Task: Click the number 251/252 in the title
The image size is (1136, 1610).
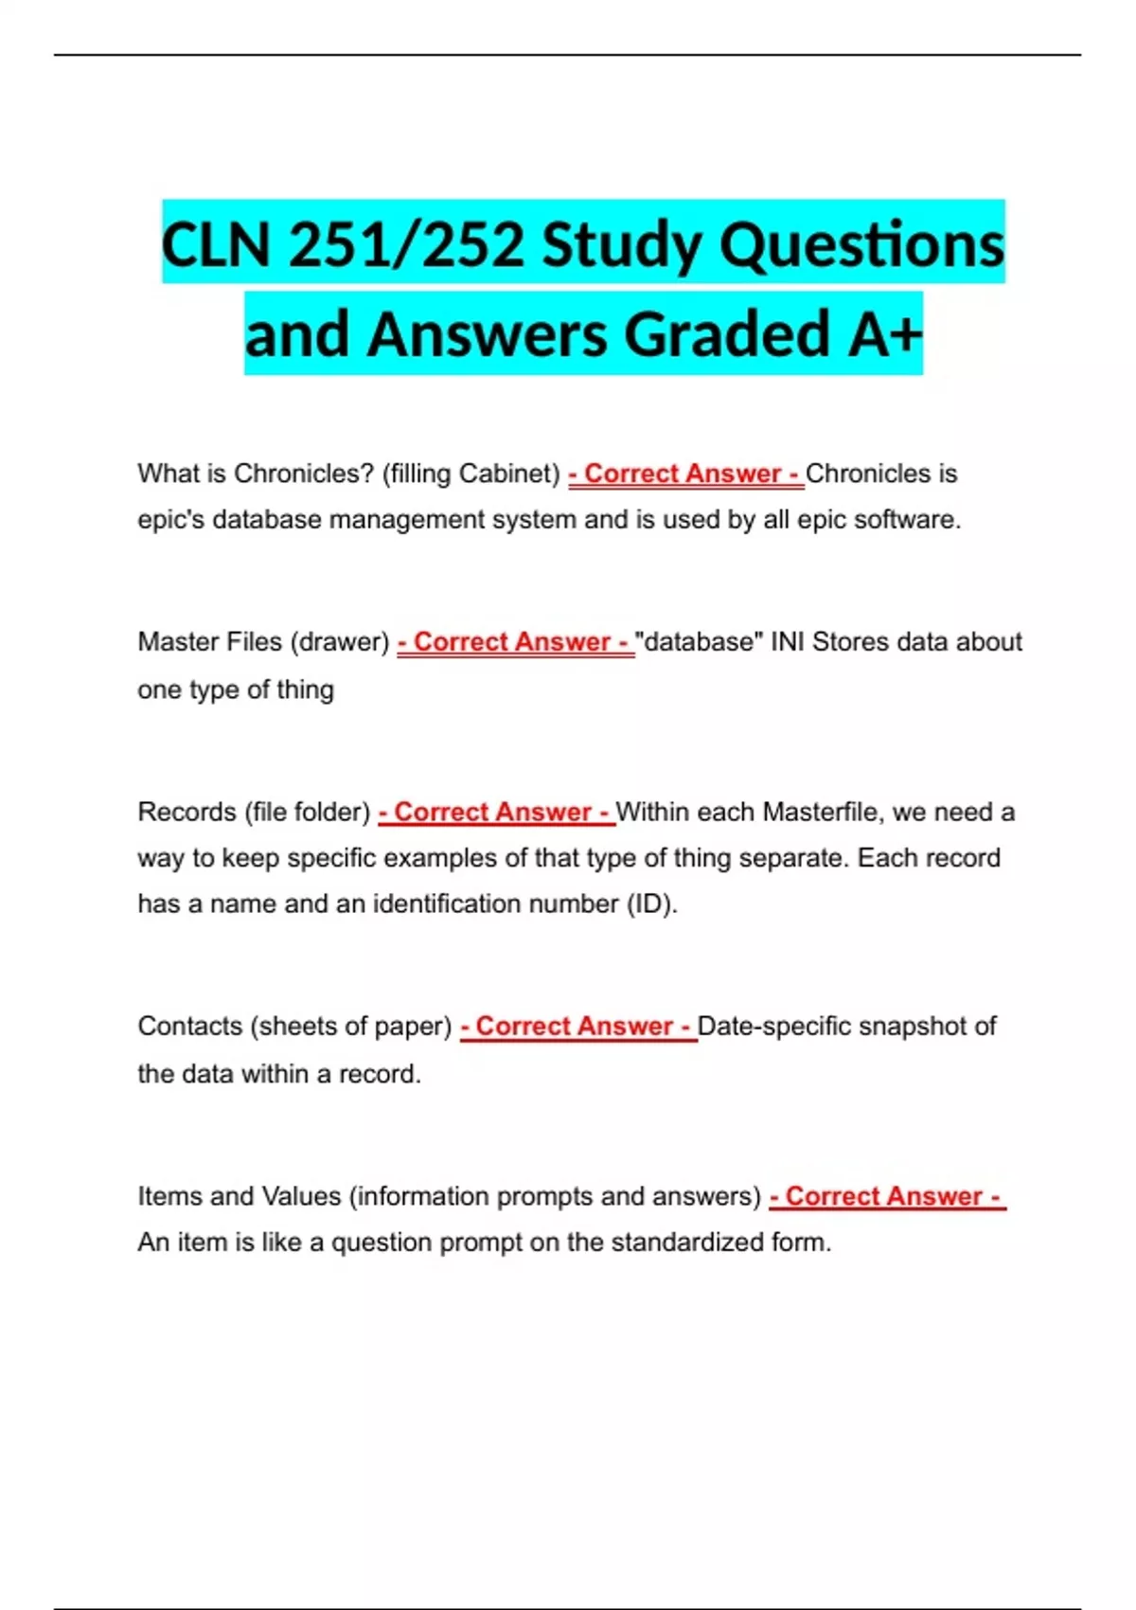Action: (x=407, y=244)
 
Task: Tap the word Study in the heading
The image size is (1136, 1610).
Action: (x=621, y=244)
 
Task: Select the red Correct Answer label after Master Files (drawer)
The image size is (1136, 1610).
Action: (x=516, y=642)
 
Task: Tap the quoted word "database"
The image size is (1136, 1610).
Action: (x=700, y=642)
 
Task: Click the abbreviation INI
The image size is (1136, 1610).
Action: (x=788, y=642)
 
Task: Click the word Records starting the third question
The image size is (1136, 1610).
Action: (x=186, y=812)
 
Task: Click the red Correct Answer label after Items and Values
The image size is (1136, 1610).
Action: (x=887, y=1196)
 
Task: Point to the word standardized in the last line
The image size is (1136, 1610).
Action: (x=687, y=1242)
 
